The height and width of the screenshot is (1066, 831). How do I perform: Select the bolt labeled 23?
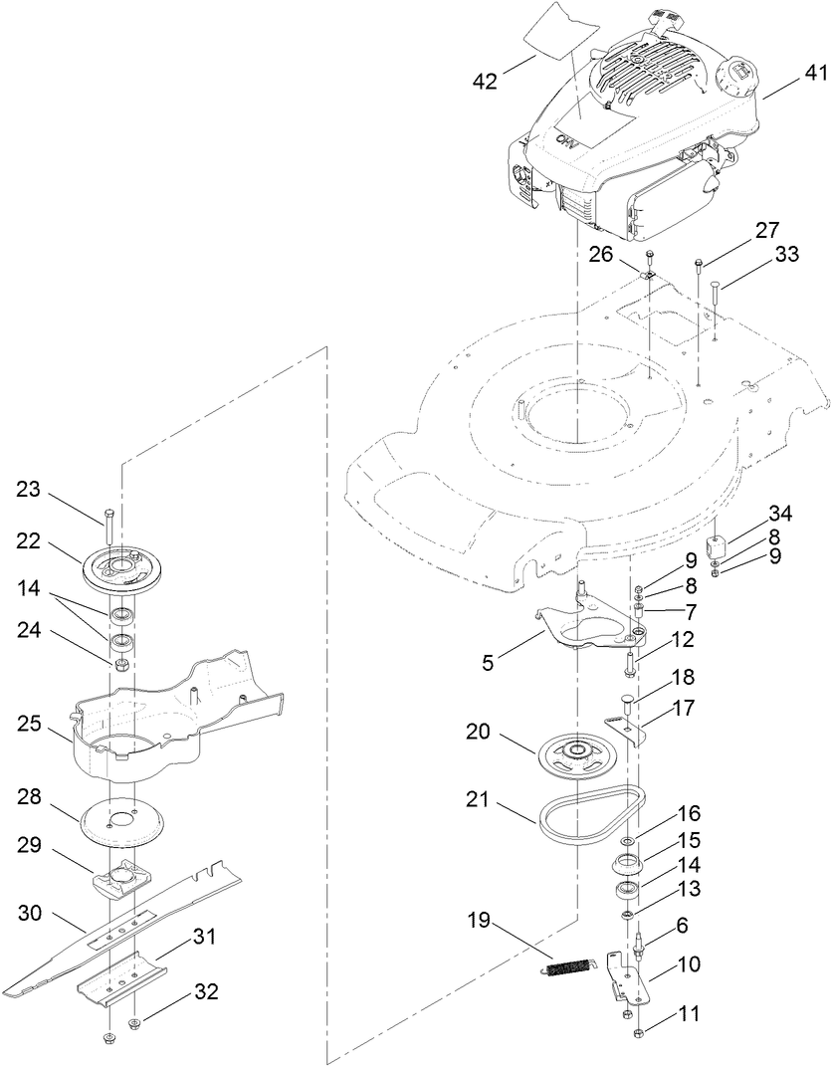(x=109, y=518)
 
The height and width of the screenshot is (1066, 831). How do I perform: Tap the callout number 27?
(x=766, y=231)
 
